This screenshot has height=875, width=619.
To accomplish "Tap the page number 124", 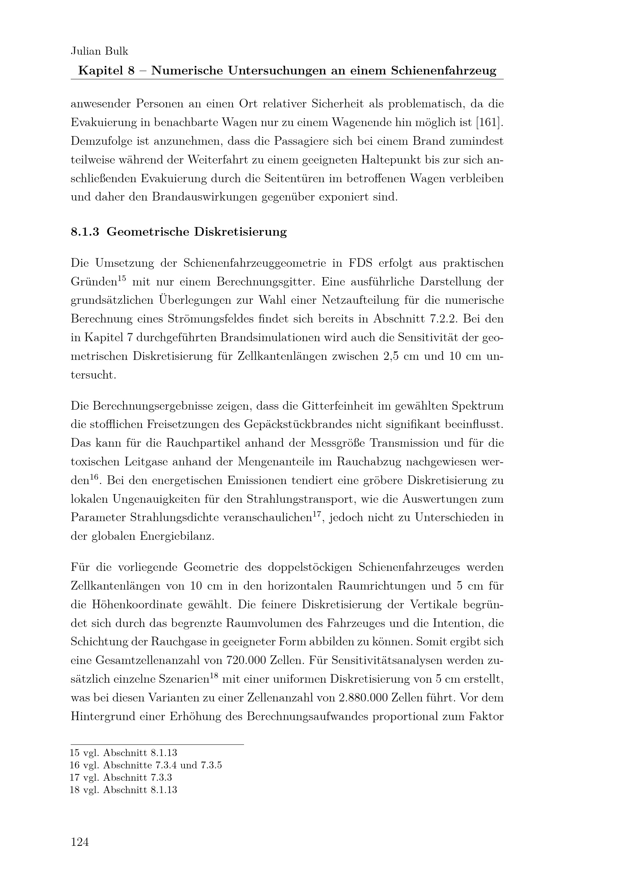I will tap(80, 842).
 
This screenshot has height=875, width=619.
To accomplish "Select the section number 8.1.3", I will tap(85, 232).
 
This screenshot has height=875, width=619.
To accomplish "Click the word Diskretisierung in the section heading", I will tap(240, 232).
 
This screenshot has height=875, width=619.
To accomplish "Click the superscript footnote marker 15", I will tap(122, 279).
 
